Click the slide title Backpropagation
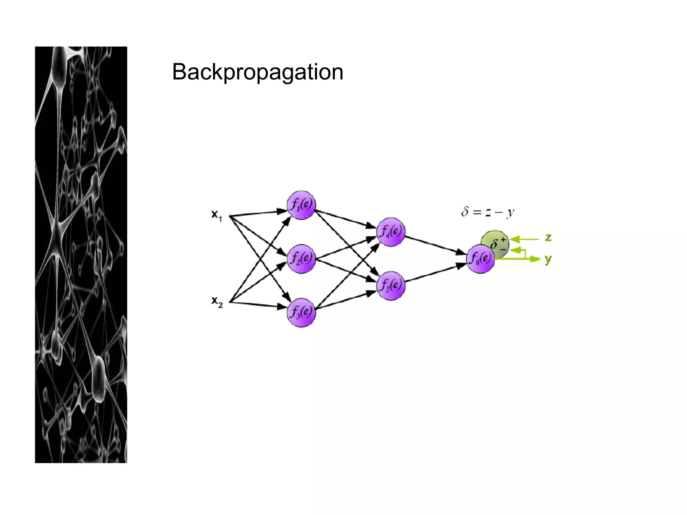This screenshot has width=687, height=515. tap(258, 72)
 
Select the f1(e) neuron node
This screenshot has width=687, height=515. tap(301, 205)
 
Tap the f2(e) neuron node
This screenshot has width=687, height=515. tap(301, 259)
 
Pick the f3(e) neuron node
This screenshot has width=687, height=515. tap(301, 312)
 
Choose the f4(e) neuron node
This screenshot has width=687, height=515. tap(391, 232)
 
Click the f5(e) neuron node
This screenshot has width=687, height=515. tap(391, 286)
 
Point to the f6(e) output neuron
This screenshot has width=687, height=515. tap(480, 259)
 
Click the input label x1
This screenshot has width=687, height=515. tap(216, 215)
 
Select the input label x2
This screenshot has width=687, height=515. tap(217, 301)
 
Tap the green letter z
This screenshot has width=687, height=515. tap(548, 238)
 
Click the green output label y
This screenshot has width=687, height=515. tap(548, 259)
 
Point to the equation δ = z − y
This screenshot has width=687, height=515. tap(487, 212)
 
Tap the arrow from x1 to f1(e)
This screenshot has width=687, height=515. tap(258, 213)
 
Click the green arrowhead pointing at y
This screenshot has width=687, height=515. tap(535, 259)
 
